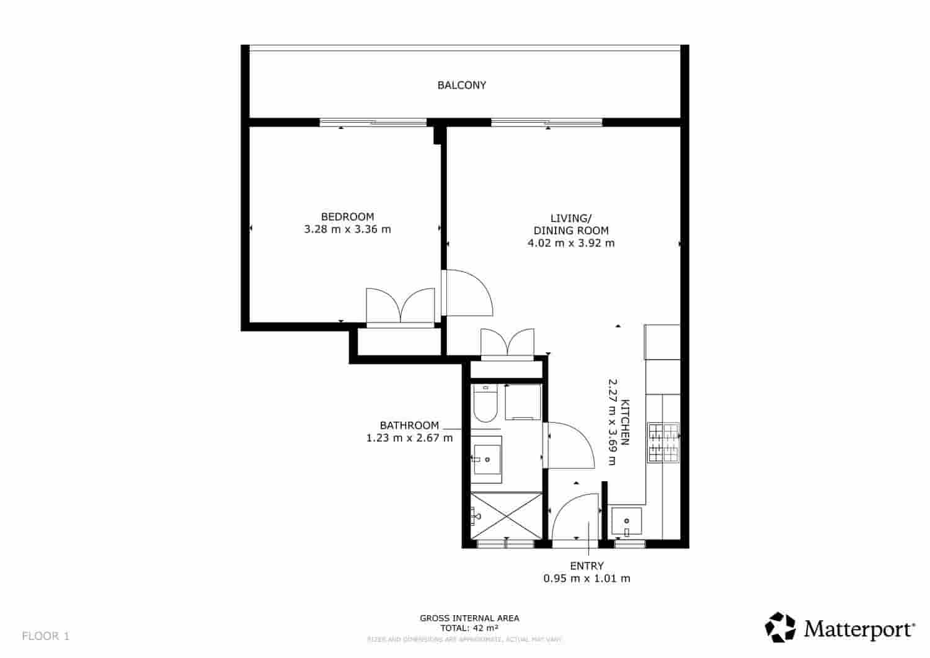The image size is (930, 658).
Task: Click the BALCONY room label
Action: pyautogui.click(x=461, y=86)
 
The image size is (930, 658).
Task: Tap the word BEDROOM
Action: pyautogui.click(x=347, y=216)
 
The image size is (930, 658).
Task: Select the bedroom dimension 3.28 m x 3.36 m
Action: pyautogui.click(x=347, y=229)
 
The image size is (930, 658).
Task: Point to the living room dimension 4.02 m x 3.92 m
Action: pyautogui.click(x=571, y=243)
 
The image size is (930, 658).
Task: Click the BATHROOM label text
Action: pyautogui.click(x=409, y=425)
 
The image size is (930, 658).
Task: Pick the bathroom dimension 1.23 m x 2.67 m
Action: pyautogui.click(x=409, y=438)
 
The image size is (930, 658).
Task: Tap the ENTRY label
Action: pyautogui.click(x=587, y=566)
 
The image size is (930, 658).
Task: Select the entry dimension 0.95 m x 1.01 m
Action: pyautogui.click(x=587, y=579)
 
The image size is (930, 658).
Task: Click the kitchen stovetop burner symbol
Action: pyautogui.click(x=663, y=442)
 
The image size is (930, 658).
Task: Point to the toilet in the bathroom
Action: pyautogui.click(x=484, y=403)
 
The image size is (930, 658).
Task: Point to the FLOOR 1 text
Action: pyautogui.click(x=46, y=636)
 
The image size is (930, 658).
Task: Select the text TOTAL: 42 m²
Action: pyautogui.click(x=469, y=628)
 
